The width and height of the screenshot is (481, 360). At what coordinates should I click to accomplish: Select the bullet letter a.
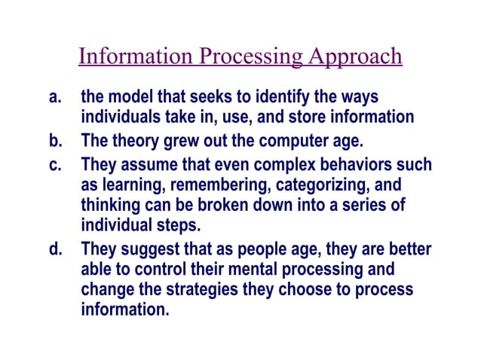[x=54, y=98]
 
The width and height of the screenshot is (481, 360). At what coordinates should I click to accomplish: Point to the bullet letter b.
[x=54, y=141]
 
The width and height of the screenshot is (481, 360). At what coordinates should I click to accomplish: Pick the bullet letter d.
[x=54, y=249]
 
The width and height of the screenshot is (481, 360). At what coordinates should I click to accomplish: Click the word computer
[x=278, y=141]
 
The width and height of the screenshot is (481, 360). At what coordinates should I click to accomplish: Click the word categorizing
[x=302, y=184]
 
